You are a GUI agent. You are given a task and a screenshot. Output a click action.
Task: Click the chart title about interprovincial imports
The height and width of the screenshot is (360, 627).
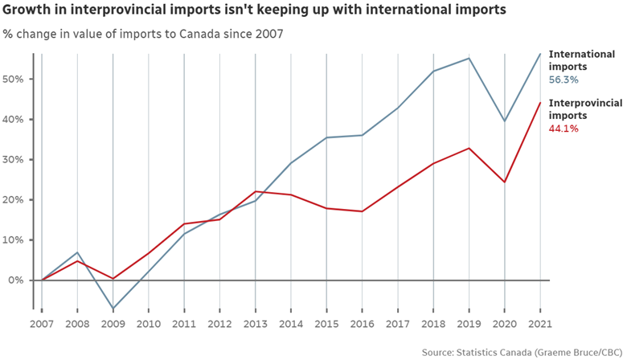(x=254, y=10)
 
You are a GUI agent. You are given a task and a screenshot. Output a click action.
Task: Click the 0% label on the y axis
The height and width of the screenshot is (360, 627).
(x=16, y=280)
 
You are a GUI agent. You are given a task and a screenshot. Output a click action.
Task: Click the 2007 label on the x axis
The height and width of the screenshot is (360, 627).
(x=42, y=324)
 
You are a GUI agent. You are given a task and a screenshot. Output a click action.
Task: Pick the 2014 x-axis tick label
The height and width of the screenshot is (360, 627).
(x=291, y=324)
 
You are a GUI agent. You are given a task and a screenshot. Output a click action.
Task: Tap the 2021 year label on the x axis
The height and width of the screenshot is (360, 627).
(x=540, y=324)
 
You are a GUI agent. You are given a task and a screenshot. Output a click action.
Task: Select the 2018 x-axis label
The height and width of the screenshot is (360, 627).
(x=433, y=324)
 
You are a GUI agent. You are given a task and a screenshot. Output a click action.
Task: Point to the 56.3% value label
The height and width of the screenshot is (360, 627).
(x=563, y=80)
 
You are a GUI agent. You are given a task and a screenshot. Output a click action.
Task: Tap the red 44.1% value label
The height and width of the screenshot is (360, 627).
(x=563, y=129)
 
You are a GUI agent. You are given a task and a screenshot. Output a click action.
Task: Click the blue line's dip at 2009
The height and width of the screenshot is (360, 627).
(x=113, y=309)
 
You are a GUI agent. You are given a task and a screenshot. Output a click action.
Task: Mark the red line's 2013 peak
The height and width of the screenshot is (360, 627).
(x=255, y=191)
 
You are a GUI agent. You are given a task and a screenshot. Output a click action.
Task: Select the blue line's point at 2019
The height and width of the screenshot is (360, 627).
(x=469, y=58)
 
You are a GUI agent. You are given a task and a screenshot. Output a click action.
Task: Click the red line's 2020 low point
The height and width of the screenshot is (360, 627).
(x=504, y=182)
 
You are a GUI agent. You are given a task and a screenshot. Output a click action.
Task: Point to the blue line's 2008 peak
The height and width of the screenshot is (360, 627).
(x=77, y=252)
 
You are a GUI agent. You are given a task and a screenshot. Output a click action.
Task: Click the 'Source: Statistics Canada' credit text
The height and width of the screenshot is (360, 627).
(x=522, y=352)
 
